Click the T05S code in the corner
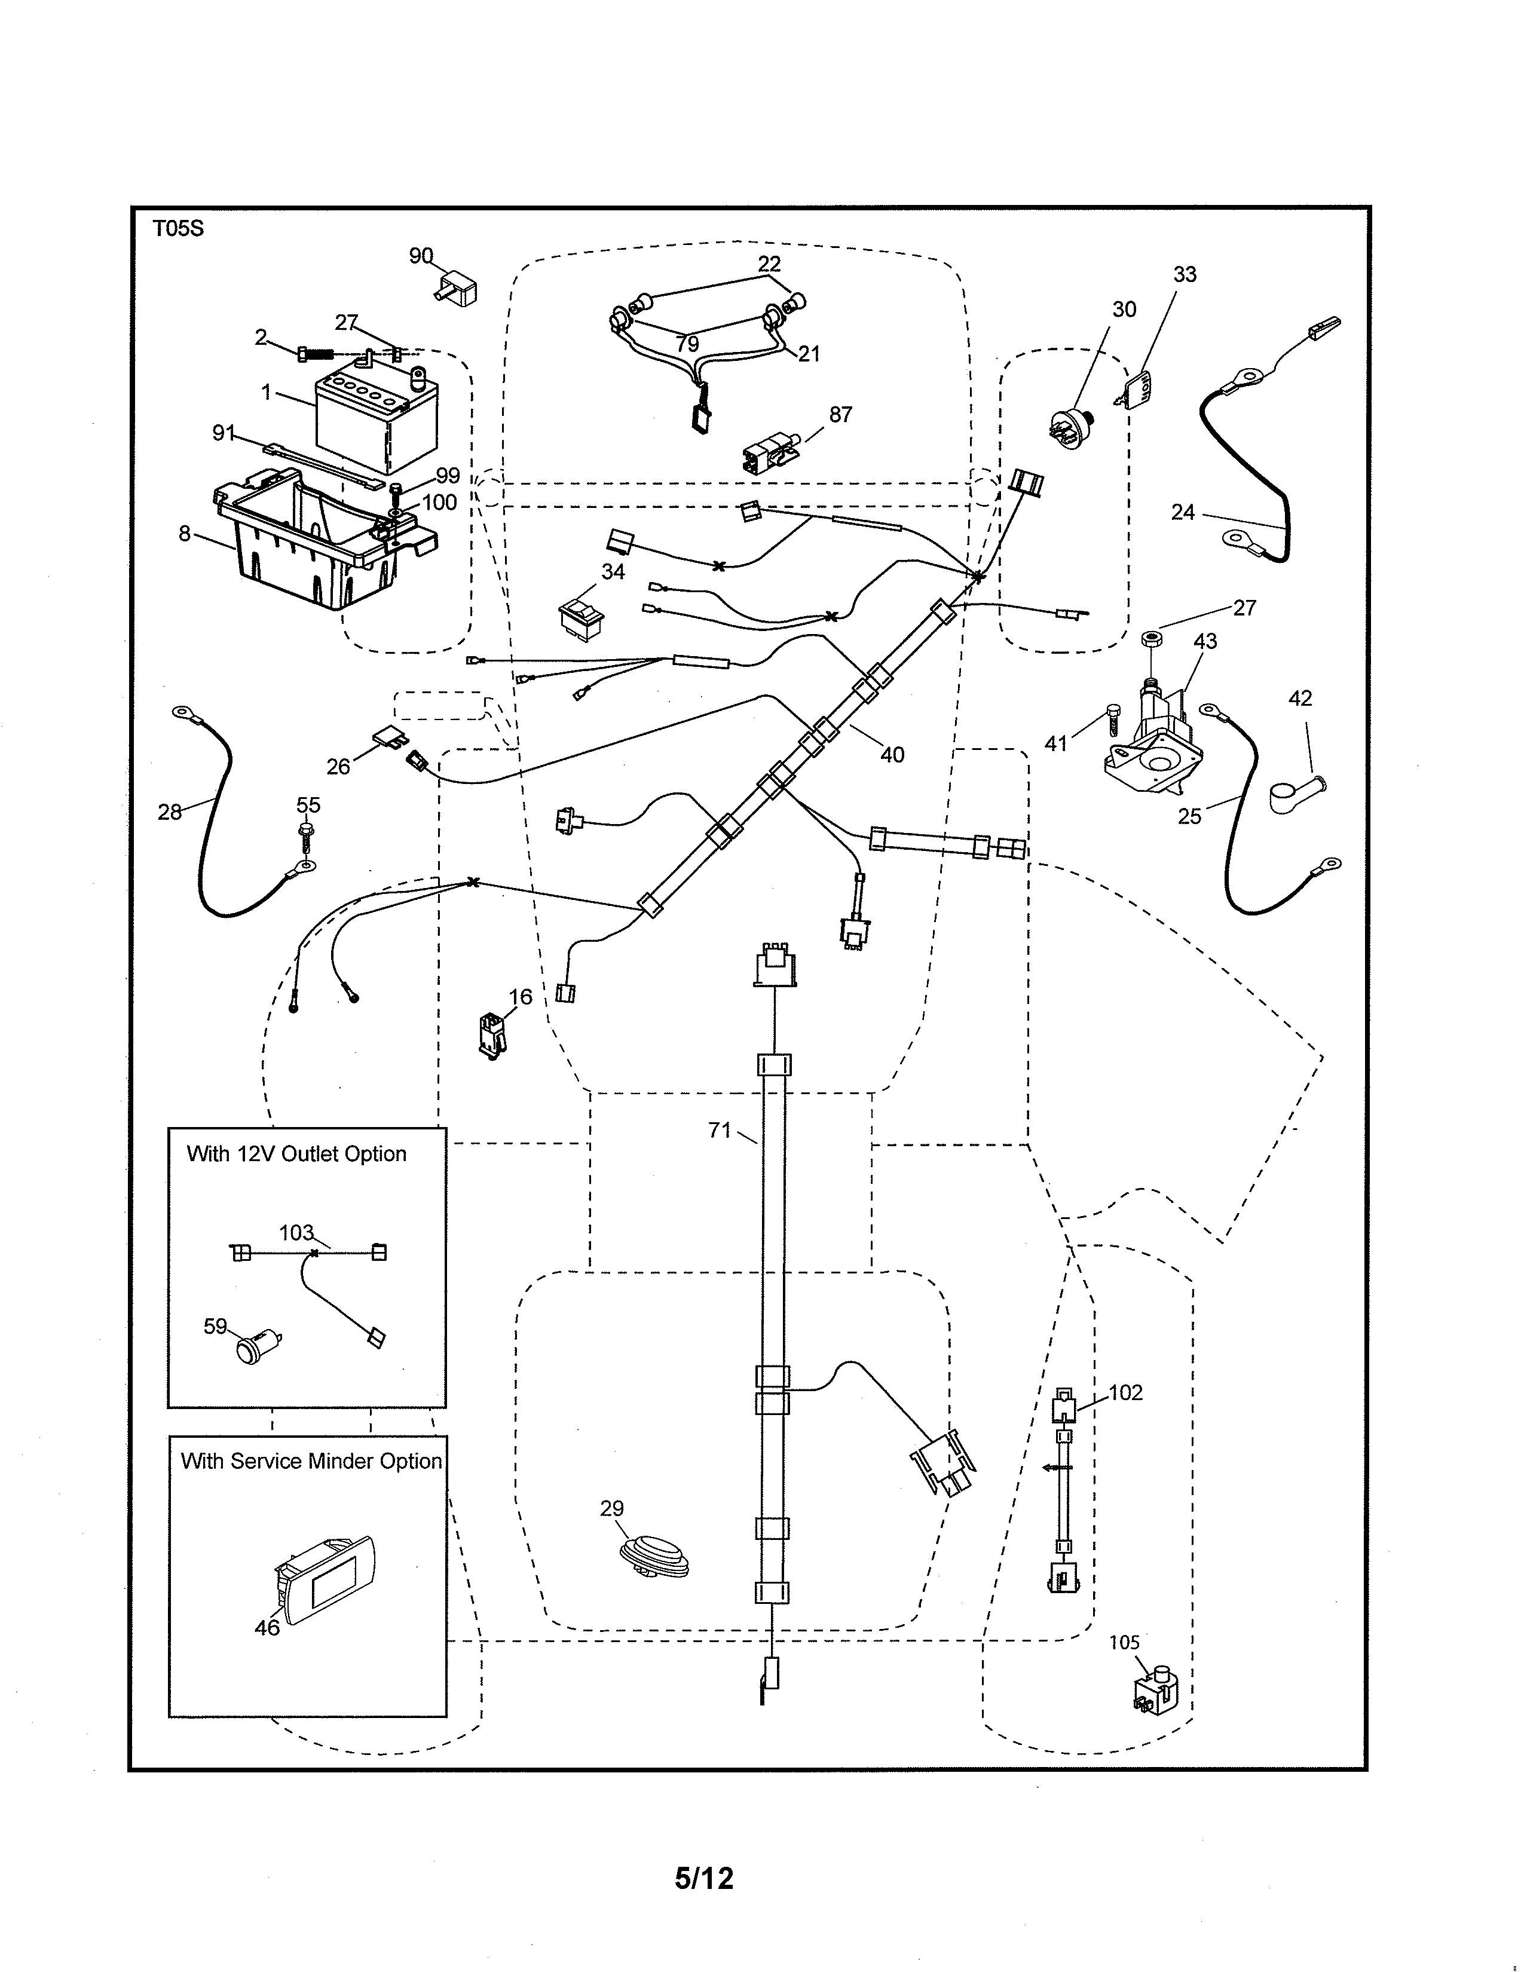[x=178, y=228]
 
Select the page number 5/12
[x=703, y=1878]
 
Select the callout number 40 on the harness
[x=892, y=755]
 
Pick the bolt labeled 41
[x=1112, y=721]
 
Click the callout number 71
[x=720, y=1131]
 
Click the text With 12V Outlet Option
[x=296, y=1154]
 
